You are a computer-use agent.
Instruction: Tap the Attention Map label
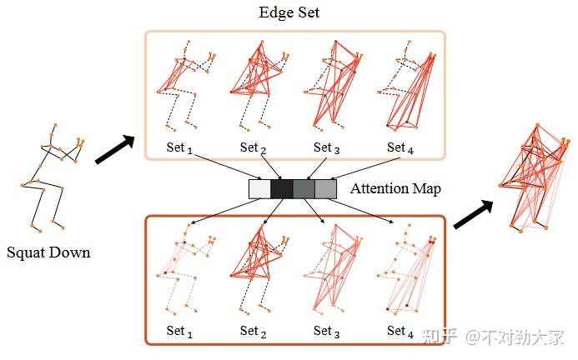(x=395, y=188)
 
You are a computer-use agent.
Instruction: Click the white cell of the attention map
(x=259, y=189)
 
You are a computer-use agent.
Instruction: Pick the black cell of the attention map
(x=281, y=189)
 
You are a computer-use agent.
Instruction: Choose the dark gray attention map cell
(x=304, y=189)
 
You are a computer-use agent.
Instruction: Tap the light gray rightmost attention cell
(x=325, y=189)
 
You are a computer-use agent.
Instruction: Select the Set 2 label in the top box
(x=254, y=147)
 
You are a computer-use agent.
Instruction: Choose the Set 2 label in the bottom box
(x=253, y=331)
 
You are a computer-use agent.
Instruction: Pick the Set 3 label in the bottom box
(x=326, y=331)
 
